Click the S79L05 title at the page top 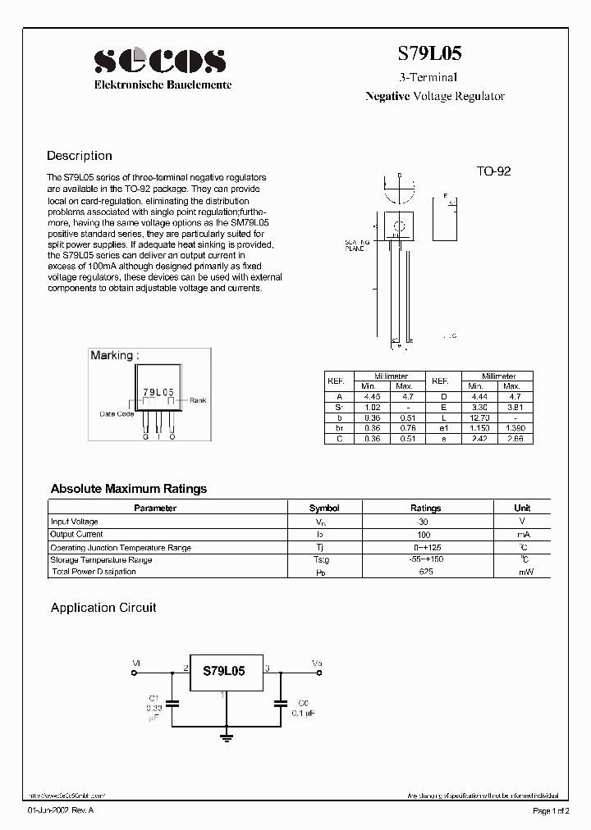(x=429, y=53)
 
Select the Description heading (x=80, y=156)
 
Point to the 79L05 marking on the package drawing (x=158, y=394)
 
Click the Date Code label (x=117, y=414)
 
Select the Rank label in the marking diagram (x=198, y=400)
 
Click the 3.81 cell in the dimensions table (x=511, y=407)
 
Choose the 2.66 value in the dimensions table (x=511, y=439)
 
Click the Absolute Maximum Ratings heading (x=129, y=489)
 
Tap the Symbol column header (x=323, y=508)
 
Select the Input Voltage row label (x=75, y=522)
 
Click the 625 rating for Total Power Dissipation (x=425, y=572)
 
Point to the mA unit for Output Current (x=522, y=535)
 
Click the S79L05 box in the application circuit (x=224, y=671)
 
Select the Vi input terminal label (x=136, y=661)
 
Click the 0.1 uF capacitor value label (x=302, y=713)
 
